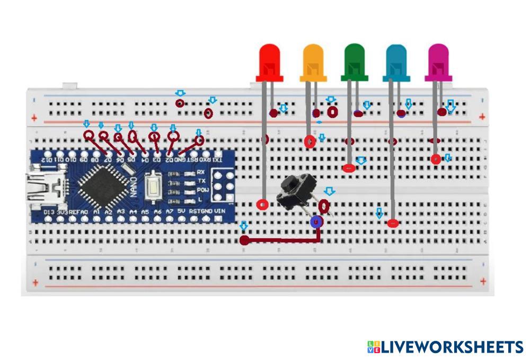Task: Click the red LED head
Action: [269, 62]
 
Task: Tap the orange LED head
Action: [313, 62]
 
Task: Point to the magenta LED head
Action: [438, 61]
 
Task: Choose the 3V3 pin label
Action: [63, 212]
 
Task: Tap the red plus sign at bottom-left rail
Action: [35, 283]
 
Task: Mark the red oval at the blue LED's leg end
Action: [392, 223]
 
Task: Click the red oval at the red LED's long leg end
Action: [262, 204]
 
